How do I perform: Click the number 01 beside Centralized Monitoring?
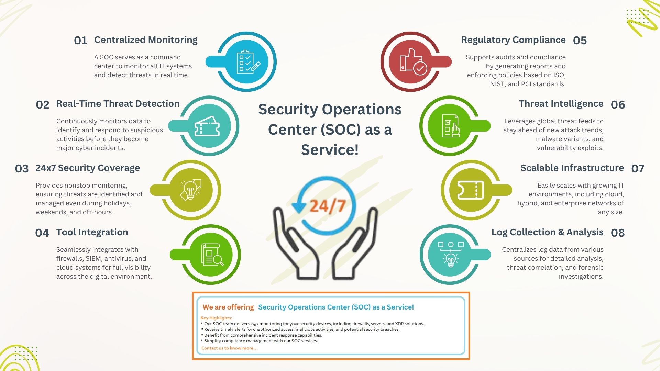click(x=80, y=41)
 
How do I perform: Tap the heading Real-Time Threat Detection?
click(x=118, y=104)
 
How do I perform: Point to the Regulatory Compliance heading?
click(x=513, y=40)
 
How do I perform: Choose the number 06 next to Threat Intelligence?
click(x=618, y=105)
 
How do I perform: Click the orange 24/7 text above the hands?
click(x=328, y=206)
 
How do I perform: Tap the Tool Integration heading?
click(x=92, y=233)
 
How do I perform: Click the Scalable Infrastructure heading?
click(x=572, y=168)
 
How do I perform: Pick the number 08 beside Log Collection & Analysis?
click(x=618, y=233)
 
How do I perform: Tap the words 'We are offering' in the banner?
click(x=228, y=307)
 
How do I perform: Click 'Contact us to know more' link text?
click(x=230, y=348)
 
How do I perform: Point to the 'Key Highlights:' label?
click(x=217, y=318)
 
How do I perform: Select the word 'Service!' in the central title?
click(x=330, y=150)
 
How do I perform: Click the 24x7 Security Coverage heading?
click(x=88, y=168)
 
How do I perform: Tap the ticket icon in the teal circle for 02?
click(x=207, y=126)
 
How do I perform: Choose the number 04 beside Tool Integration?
click(x=42, y=233)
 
